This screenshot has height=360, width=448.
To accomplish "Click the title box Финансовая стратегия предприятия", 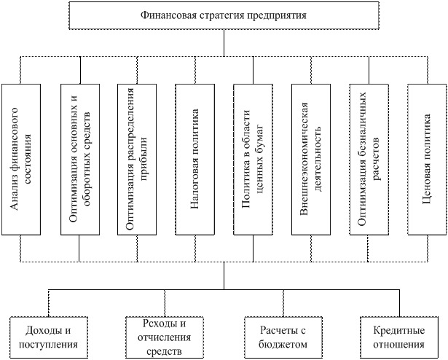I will click(224, 15).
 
